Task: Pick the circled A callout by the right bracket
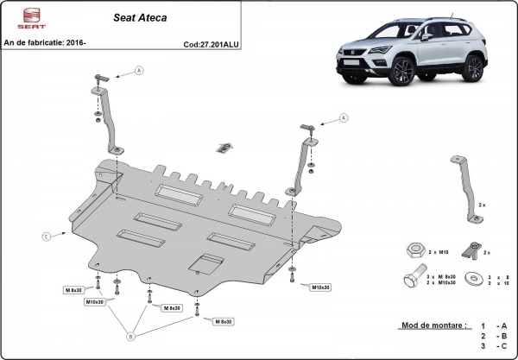click(343, 117)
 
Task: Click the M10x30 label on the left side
click(95, 302)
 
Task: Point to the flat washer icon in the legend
click(473, 279)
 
